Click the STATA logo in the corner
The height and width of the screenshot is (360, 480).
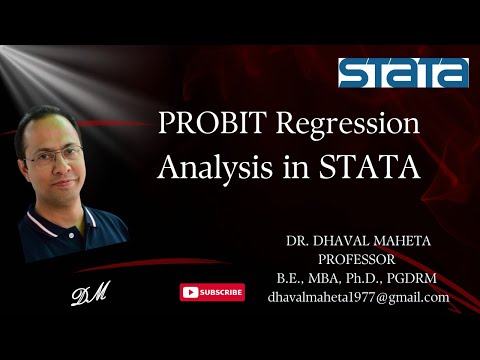(x=402, y=72)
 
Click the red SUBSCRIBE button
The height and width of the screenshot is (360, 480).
(x=212, y=292)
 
